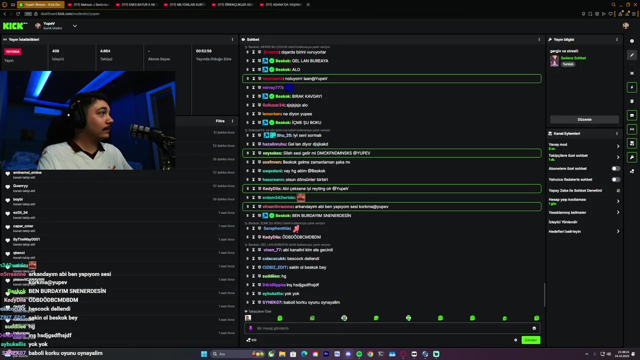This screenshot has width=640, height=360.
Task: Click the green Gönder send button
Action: click(x=530, y=340)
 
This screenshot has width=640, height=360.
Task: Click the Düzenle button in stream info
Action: click(x=584, y=119)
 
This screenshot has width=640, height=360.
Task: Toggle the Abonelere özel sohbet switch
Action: click(x=615, y=168)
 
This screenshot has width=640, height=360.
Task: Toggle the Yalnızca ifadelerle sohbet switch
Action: click(x=615, y=179)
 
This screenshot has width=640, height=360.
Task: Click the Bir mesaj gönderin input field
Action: click(x=390, y=328)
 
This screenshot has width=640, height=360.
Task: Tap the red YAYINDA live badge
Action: click(x=12, y=51)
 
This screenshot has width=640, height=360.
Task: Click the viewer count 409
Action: click(x=55, y=51)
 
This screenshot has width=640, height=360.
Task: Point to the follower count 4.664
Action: click(x=105, y=51)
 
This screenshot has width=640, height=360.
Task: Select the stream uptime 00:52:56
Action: click(x=203, y=51)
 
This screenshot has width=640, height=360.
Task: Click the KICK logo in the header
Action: click(x=15, y=25)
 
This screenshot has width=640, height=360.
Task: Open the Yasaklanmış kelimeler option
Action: click(x=567, y=212)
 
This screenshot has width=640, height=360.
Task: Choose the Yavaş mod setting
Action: click(x=558, y=144)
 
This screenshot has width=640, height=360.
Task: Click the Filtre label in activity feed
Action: click(x=220, y=121)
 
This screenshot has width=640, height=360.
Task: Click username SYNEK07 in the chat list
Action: click(x=272, y=302)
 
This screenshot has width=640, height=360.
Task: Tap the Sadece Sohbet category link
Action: click(x=573, y=58)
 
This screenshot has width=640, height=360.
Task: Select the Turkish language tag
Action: click(x=568, y=64)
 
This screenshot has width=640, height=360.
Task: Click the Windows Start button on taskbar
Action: click(x=204, y=354)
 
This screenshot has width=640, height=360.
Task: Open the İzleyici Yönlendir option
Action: click(x=563, y=222)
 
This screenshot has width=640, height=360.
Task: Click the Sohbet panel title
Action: click(x=253, y=39)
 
